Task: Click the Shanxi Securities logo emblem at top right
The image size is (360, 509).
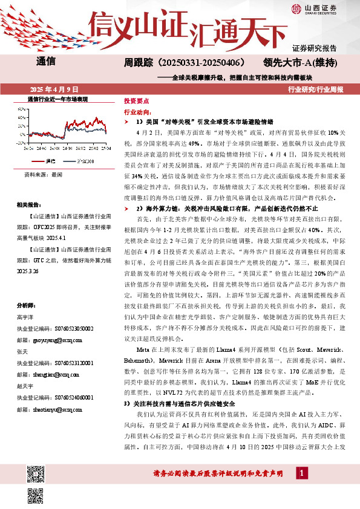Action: (296, 8)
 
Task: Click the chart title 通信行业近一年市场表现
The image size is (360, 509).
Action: (58, 98)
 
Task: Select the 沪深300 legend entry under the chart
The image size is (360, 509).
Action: (85, 161)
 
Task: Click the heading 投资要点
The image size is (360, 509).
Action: (137, 102)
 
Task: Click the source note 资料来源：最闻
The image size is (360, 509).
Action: (43, 173)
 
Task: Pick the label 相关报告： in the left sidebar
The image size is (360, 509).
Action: (29, 205)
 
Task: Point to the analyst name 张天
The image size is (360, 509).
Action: (24, 352)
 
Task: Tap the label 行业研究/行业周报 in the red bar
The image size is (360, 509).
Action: (316, 89)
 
